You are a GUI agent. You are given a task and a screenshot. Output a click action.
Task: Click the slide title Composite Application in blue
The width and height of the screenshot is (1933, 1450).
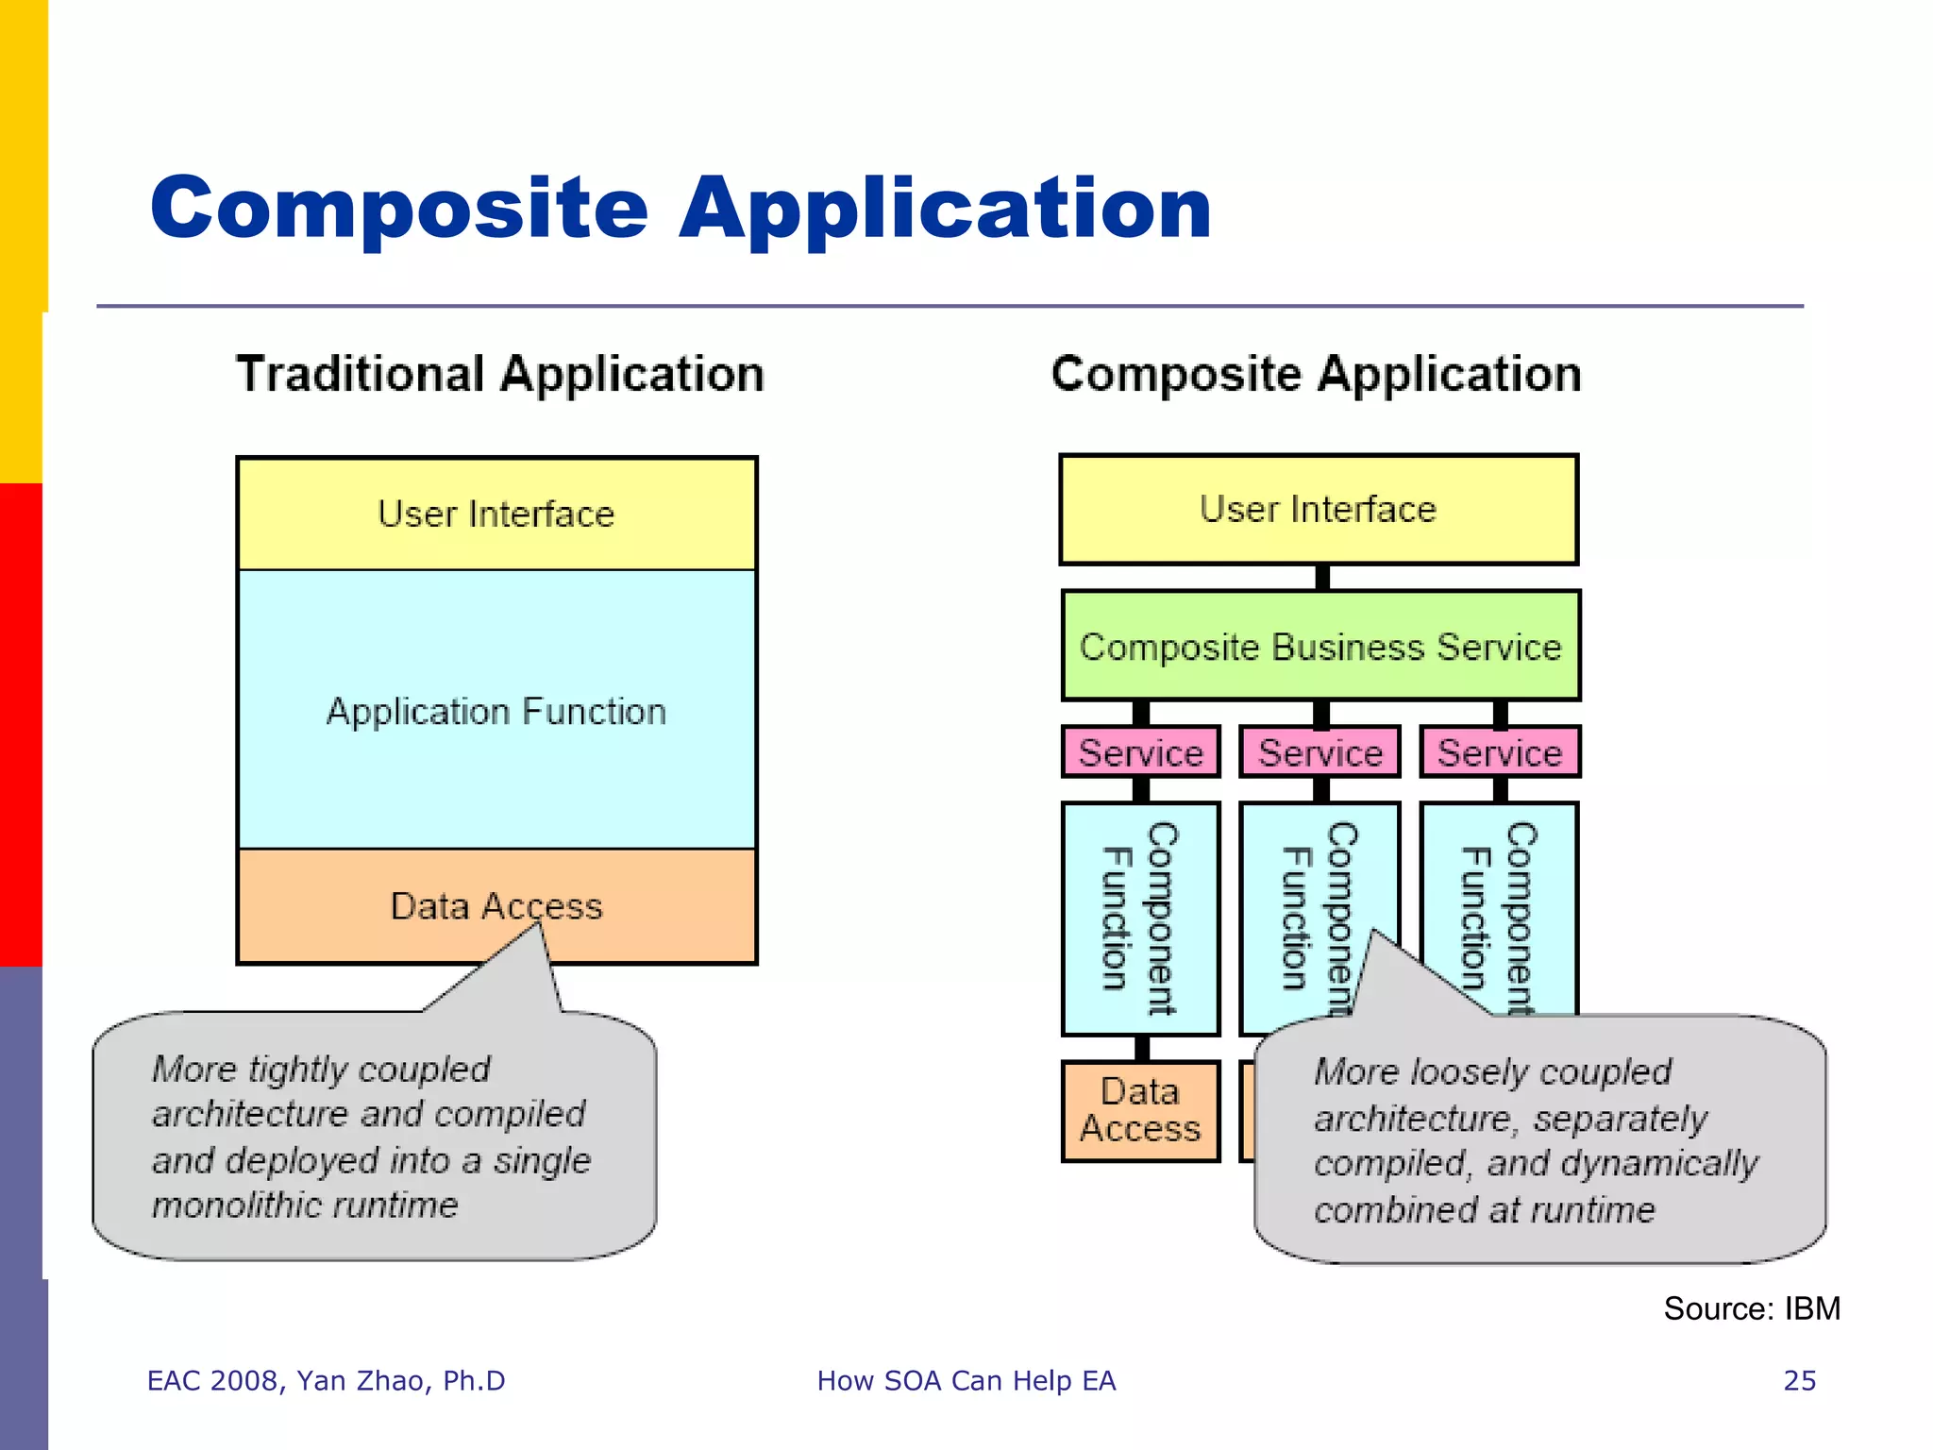click(680, 209)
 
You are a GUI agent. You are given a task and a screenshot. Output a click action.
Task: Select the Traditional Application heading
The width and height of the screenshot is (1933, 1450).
click(499, 374)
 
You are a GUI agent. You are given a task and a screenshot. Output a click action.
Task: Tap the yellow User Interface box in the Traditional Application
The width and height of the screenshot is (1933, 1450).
click(496, 514)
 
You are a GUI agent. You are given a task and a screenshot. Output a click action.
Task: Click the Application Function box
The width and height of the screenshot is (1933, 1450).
click(496, 711)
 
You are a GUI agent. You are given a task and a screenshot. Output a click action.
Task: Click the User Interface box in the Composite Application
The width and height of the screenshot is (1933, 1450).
click(1318, 510)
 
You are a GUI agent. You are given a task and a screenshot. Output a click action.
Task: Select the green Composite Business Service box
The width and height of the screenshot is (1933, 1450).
click(1319, 647)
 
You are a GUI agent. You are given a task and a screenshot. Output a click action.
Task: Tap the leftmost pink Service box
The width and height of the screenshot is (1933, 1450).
click(1140, 752)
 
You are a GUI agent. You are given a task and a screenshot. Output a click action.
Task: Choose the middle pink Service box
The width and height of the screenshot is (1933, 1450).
click(1319, 752)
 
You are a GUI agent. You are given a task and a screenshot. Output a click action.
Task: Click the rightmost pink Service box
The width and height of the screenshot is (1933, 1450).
click(1499, 752)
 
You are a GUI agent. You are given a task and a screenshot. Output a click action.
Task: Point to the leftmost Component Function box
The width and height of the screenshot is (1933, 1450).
click(1140, 918)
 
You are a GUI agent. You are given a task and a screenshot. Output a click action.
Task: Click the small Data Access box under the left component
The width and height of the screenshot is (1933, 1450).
click(1140, 1111)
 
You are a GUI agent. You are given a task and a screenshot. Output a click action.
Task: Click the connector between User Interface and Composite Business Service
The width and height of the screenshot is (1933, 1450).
click(1322, 578)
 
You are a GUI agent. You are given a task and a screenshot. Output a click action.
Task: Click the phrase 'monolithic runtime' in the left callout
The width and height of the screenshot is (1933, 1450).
click(305, 1206)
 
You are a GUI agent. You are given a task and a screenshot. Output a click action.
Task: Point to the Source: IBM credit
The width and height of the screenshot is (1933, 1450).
click(1751, 1308)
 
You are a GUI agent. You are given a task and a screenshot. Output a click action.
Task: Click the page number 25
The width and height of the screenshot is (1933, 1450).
click(1799, 1380)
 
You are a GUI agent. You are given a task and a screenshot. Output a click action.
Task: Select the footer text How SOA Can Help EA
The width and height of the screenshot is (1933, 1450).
click(966, 1380)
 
